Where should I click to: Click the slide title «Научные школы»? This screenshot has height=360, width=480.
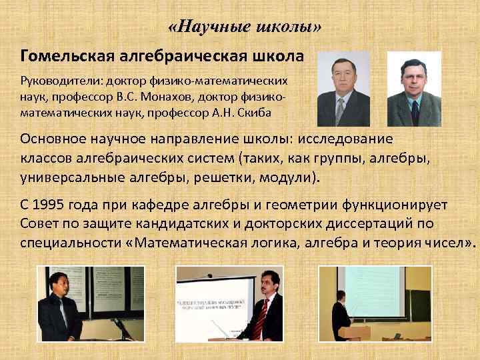[x=244, y=27]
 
